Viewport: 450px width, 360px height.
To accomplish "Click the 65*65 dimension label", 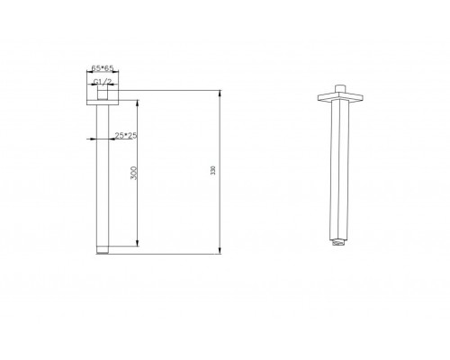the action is pyautogui.click(x=103, y=68).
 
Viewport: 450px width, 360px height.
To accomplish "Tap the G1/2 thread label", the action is pyautogui.click(x=103, y=82).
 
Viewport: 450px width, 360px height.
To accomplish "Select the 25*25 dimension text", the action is pyautogui.click(x=126, y=136).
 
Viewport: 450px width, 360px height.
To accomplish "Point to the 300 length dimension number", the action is pyautogui.click(x=134, y=173).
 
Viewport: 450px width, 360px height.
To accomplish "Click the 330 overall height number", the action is pyautogui.click(x=213, y=170).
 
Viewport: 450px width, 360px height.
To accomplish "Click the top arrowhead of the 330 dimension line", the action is pyautogui.click(x=220, y=93).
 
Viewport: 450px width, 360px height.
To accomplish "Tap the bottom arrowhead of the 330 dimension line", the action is pyautogui.click(x=220, y=251).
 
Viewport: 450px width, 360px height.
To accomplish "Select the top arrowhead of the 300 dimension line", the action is pyautogui.click(x=138, y=103).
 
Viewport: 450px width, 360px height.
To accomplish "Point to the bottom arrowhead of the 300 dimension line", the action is pyautogui.click(x=138, y=243).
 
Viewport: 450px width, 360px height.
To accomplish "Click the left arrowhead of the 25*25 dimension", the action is pyautogui.click(x=92, y=139).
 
